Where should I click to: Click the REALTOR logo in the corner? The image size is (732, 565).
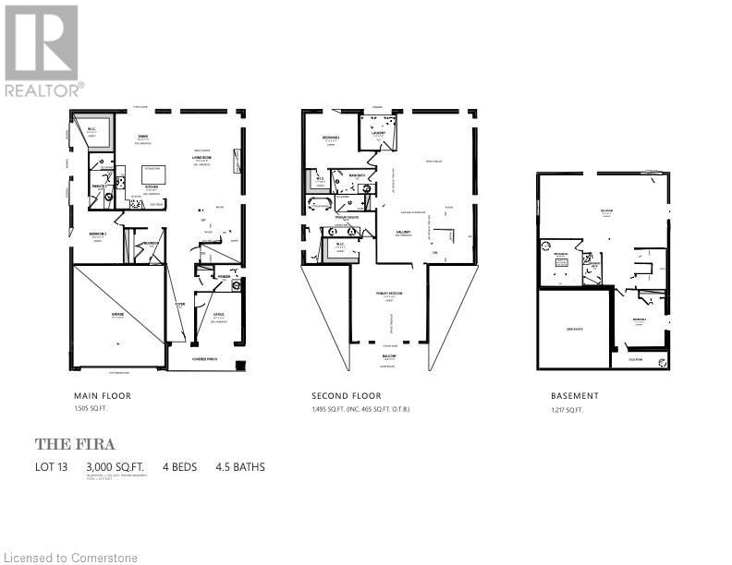(x=43, y=50)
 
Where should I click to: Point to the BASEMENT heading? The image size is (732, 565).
(x=574, y=395)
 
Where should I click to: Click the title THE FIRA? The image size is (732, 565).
(x=75, y=444)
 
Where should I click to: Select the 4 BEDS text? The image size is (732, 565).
(x=180, y=467)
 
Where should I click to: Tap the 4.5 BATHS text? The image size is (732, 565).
(x=239, y=467)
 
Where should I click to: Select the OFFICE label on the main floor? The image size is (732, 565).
(x=219, y=315)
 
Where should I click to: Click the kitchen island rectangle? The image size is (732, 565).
(x=153, y=171)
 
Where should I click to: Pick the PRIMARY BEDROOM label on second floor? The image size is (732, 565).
(x=389, y=293)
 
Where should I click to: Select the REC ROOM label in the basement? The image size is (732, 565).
(x=606, y=210)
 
